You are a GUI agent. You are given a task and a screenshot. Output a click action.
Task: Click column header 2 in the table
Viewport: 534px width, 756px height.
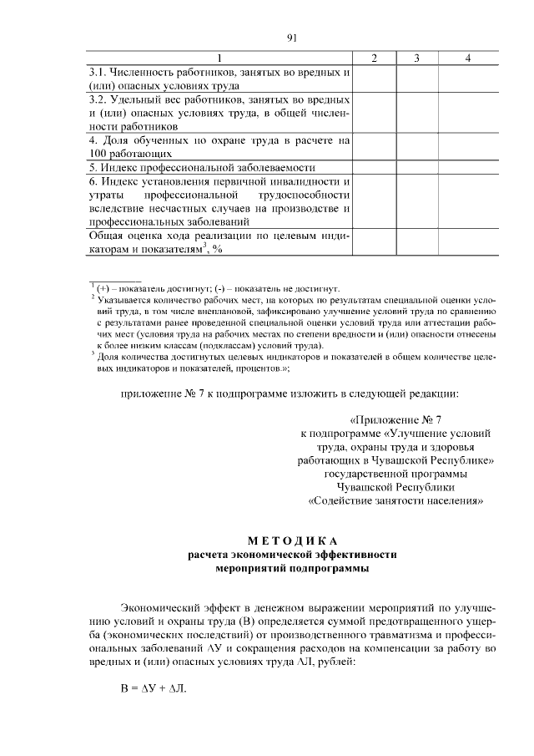coord(375,58)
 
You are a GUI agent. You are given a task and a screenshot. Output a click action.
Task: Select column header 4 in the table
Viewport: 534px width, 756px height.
coord(468,58)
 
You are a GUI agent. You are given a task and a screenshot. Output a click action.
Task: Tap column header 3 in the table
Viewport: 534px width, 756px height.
coord(416,58)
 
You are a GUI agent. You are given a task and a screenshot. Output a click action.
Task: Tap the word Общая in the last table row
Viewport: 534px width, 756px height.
coord(108,236)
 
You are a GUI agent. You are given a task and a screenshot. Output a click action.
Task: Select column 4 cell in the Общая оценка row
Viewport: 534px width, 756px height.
coord(468,242)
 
